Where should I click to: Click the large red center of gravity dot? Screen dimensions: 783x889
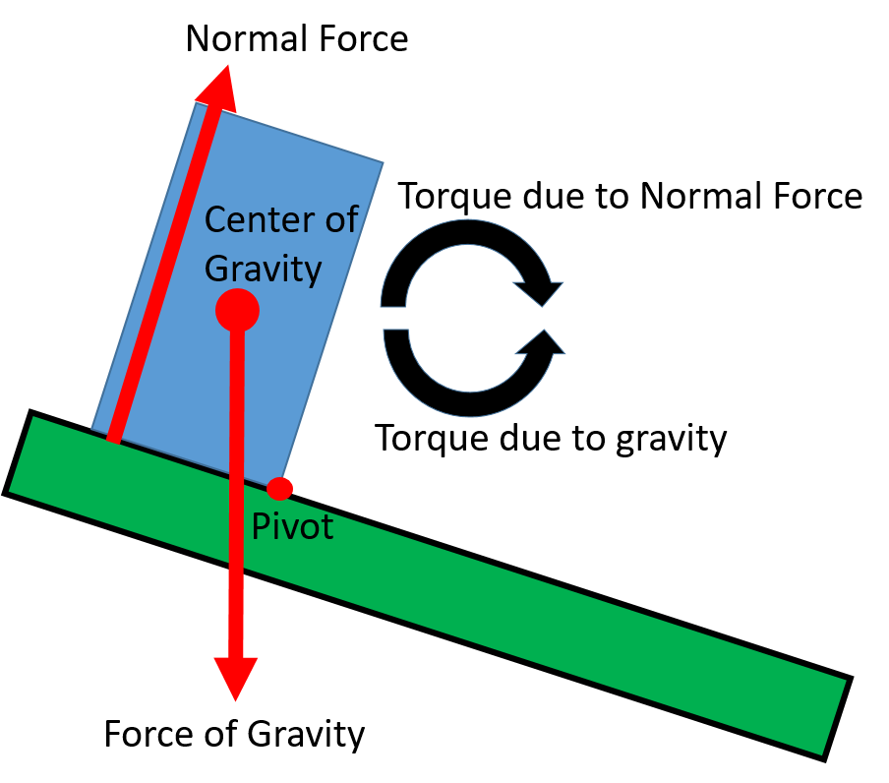[237, 310]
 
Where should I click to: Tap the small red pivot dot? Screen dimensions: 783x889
[280, 488]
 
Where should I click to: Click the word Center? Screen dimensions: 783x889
[259, 220]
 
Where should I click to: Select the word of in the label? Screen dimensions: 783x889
[340, 220]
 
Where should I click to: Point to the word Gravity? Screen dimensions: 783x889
[263, 268]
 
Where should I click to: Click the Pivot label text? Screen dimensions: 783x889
[292, 527]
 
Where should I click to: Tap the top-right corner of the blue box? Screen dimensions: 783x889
[382, 163]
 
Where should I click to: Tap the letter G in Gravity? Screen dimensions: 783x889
[216, 268]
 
